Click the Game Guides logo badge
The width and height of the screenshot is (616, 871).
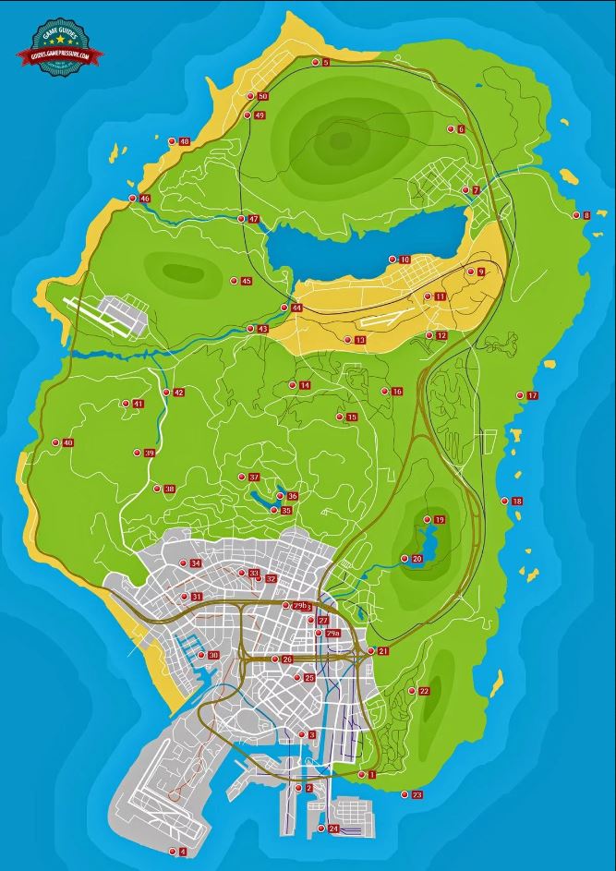(x=59, y=46)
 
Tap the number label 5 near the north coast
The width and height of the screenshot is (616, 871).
(x=326, y=63)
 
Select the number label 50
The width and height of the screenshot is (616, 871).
(x=263, y=97)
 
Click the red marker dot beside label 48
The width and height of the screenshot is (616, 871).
(x=172, y=140)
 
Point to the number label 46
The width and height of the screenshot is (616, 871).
(x=144, y=199)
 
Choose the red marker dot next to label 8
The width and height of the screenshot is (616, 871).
(x=574, y=215)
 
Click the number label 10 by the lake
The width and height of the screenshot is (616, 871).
(x=405, y=260)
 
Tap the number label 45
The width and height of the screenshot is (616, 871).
(x=246, y=281)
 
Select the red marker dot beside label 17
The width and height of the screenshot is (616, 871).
(x=520, y=395)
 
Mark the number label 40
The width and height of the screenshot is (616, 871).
(x=68, y=443)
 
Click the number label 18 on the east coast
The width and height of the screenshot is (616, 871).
(x=517, y=502)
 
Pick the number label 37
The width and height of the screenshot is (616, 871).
(x=254, y=478)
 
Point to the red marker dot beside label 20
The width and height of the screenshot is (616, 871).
(x=405, y=558)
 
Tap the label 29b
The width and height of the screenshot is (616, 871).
(x=300, y=606)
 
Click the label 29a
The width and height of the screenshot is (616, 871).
(x=333, y=634)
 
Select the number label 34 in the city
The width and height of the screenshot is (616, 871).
(x=196, y=564)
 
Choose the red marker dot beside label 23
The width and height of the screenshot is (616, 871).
(x=405, y=794)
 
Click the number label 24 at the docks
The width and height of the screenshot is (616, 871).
(x=333, y=829)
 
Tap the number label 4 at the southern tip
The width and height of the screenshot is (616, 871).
(x=183, y=852)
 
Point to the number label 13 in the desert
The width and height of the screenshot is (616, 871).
(x=360, y=341)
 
